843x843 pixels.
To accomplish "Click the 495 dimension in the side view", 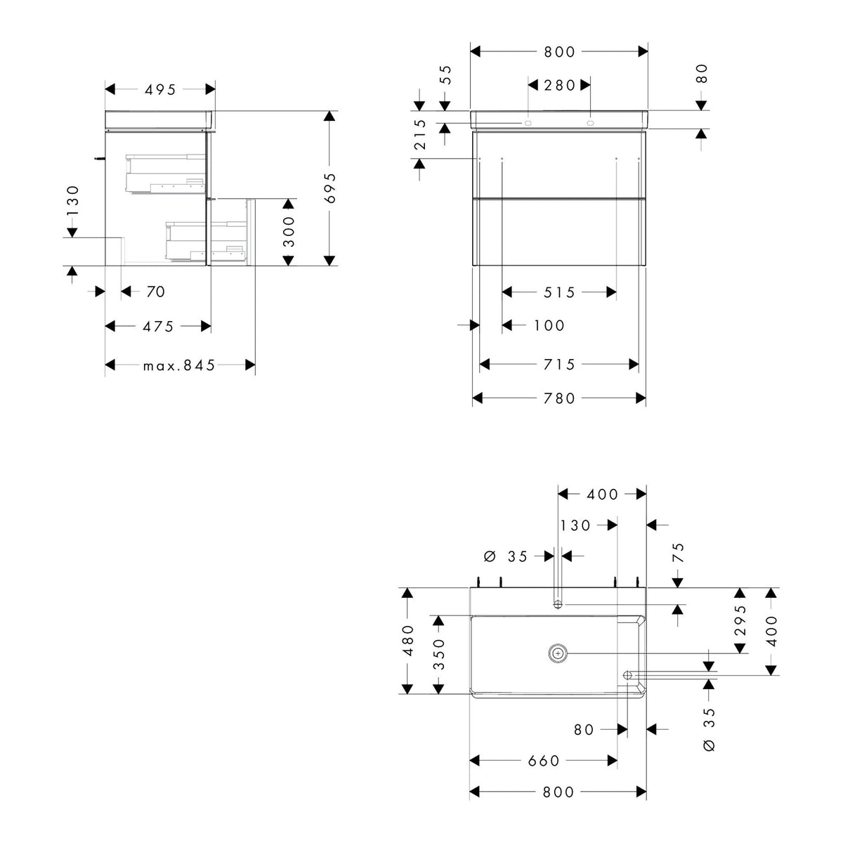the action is coord(160,90).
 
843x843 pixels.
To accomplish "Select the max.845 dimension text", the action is coord(179,365).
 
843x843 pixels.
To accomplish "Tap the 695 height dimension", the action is coord(330,188).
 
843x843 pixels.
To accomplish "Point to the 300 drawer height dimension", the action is coord(289,231).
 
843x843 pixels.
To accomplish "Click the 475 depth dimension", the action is coord(158,327).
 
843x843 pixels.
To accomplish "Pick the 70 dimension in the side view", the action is coord(156,292).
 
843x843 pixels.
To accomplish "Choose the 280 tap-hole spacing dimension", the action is coord(559,85).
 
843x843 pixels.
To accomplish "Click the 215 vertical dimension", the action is coord(420,135).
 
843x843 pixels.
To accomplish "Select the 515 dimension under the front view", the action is coord(559,292).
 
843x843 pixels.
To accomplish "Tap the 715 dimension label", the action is coord(559,365).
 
